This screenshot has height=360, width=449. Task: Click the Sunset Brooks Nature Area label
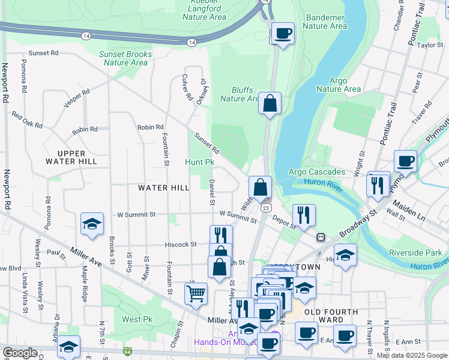125,58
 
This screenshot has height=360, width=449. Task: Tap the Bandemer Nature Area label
325,22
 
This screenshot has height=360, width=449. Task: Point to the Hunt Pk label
200,162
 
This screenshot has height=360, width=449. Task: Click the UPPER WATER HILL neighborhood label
71,157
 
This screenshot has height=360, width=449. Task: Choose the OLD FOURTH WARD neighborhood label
331,316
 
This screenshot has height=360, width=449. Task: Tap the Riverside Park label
415,253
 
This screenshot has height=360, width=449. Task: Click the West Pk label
136,319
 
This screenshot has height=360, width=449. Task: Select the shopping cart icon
196,294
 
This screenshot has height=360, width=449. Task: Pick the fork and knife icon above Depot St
304,215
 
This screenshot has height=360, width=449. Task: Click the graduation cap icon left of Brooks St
92,224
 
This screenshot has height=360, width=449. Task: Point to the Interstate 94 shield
128,352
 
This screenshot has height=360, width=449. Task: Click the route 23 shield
265,208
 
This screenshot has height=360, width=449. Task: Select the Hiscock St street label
181,244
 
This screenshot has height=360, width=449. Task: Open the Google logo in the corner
20,352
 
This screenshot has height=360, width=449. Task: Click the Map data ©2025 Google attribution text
411,355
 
